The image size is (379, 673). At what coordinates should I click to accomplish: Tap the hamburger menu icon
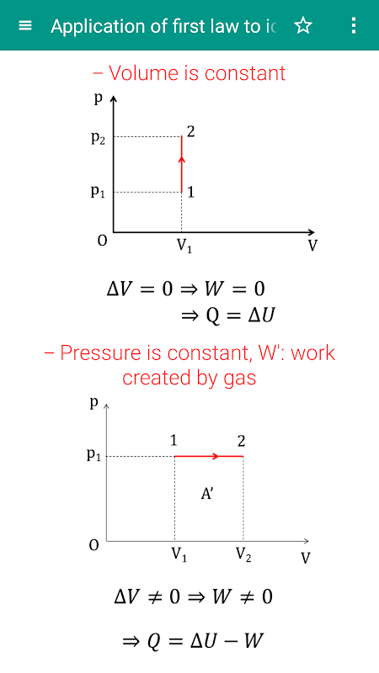point(25,26)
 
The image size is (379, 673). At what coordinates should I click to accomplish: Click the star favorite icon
point(303,26)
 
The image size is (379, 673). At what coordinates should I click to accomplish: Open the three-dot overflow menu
point(353,26)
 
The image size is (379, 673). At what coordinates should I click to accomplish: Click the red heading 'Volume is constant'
point(197,73)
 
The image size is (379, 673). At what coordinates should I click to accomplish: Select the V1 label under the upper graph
point(184,246)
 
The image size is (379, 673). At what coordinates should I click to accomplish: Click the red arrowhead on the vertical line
point(181,160)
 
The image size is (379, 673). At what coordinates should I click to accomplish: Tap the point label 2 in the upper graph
point(191,131)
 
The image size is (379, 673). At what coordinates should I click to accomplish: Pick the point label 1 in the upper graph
point(191,192)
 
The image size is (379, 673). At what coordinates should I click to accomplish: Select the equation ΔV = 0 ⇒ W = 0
point(185,289)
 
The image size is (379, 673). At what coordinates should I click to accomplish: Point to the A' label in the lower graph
point(207,494)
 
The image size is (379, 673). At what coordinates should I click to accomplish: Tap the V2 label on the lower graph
point(243,555)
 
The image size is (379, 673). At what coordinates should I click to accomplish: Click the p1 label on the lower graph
point(95,455)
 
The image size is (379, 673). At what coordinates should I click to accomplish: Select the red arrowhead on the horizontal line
point(216,456)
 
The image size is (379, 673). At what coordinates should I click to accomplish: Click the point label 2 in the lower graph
point(241,441)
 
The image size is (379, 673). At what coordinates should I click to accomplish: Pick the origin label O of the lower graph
point(94,545)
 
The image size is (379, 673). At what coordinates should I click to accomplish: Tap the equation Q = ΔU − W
point(192,642)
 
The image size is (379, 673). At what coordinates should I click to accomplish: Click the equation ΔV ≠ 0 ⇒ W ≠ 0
point(194,597)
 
